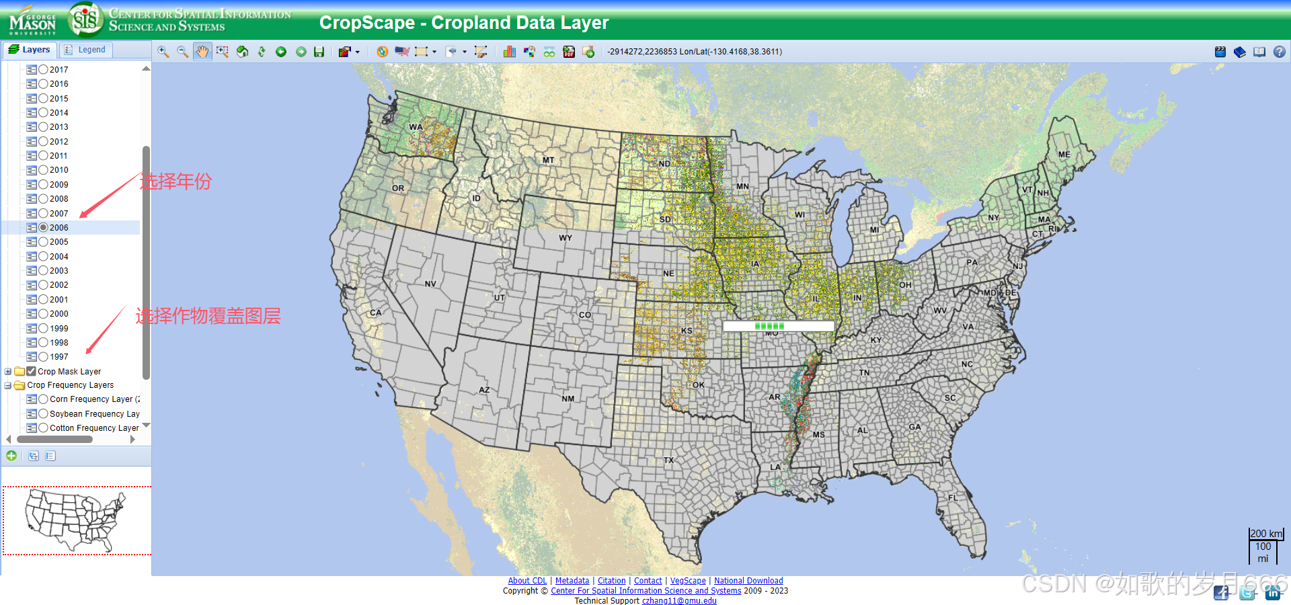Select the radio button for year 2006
44,228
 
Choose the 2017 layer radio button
44,69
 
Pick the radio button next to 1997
44,357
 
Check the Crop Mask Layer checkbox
32,371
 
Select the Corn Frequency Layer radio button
44,399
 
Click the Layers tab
30,50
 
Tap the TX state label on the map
668,460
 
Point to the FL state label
953,498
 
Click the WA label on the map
416,127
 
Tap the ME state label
1064,155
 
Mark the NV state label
430,284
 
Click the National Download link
748,581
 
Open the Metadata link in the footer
572,581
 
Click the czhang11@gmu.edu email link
679,601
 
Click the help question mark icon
1279,52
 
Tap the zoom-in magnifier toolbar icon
163,52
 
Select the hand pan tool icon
202,52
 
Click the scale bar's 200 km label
1266,534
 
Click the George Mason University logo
32,20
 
